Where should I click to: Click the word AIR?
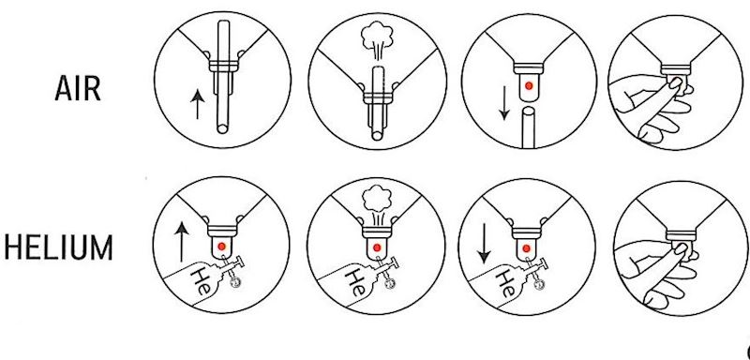pos(78,88)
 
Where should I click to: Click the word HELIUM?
pos(58,247)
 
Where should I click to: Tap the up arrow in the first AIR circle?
pos(197,105)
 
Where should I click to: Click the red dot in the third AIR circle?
pos(529,85)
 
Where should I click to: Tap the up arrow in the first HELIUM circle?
pos(181,242)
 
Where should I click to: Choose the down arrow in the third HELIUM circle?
pos(485,244)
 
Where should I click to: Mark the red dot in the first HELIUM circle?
pos(221,247)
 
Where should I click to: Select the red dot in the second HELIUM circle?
pos(377,247)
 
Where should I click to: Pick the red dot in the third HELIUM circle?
pos(527,248)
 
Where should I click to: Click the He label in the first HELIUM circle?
pos(201,279)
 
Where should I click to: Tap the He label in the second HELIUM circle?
pos(356,282)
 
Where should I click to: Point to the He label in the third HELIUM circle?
pos(505,283)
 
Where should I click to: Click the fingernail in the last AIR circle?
pos(675,84)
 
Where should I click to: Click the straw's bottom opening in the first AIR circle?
pos(222,129)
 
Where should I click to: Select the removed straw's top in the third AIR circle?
pos(529,112)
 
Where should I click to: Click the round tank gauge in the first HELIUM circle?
pos(235,283)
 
